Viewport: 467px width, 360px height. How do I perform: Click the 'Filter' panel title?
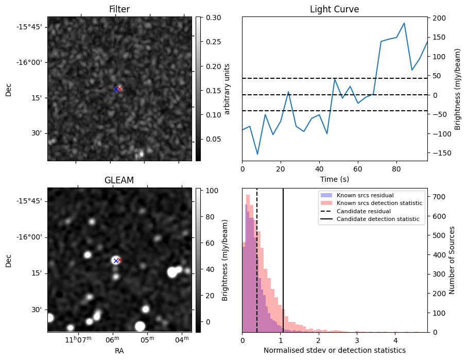pos(119,9)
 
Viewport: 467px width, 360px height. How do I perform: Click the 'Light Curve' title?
pos(334,9)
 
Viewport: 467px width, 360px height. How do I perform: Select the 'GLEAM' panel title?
pos(119,180)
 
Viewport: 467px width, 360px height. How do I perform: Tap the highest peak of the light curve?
pos(404,23)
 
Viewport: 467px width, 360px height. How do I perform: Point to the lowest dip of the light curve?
pos(257,154)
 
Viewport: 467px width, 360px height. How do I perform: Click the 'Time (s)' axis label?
pos(334,178)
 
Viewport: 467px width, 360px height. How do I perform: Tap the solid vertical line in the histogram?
pos(283,258)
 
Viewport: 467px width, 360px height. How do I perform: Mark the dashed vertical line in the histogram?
pos(257,258)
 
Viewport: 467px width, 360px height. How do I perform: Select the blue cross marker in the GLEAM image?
pos(116,261)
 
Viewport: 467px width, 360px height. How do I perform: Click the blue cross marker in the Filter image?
pos(116,89)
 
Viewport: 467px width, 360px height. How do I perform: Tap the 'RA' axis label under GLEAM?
pos(119,351)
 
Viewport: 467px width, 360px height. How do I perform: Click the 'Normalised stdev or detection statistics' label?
pos(334,350)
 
